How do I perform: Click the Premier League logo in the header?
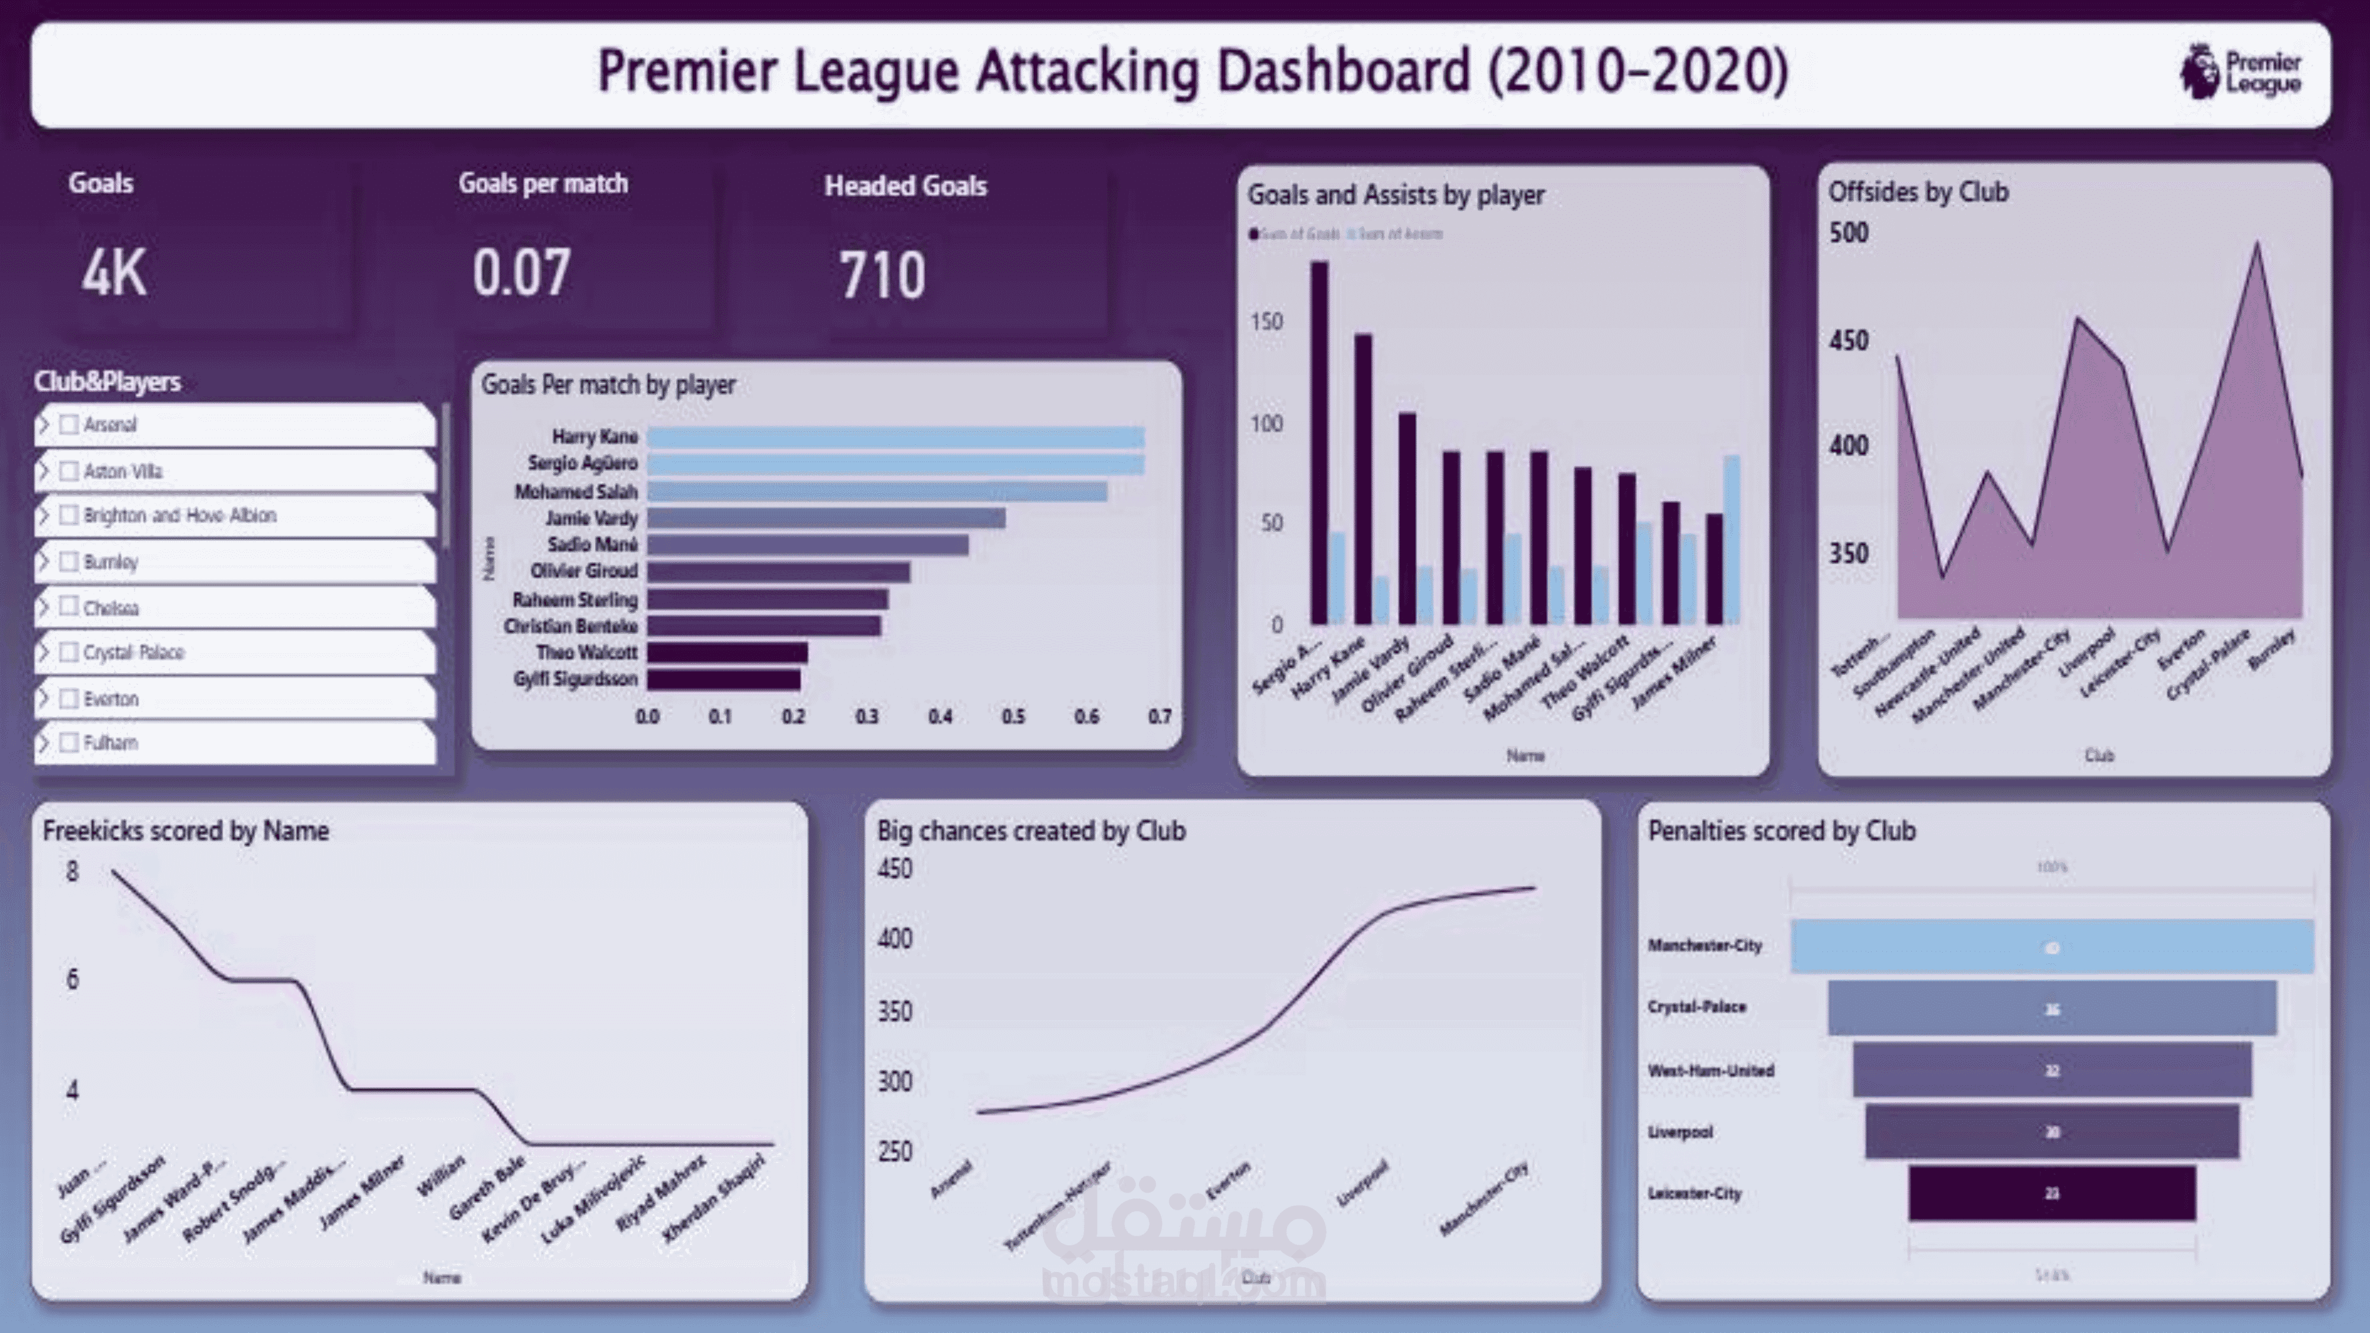click(x=2240, y=72)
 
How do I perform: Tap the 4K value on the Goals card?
click(x=114, y=273)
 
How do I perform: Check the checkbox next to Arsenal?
click(x=68, y=424)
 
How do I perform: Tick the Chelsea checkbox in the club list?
click(x=68, y=606)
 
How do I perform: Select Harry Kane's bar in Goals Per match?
click(x=894, y=437)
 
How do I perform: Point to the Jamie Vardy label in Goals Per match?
click(x=591, y=518)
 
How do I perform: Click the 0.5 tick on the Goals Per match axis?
click(x=1012, y=717)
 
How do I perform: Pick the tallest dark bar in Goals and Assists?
click(x=1319, y=441)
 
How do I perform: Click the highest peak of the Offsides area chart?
click(x=2256, y=245)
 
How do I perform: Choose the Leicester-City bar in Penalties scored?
click(x=2052, y=1193)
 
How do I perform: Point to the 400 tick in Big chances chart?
click(x=894, y=939)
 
